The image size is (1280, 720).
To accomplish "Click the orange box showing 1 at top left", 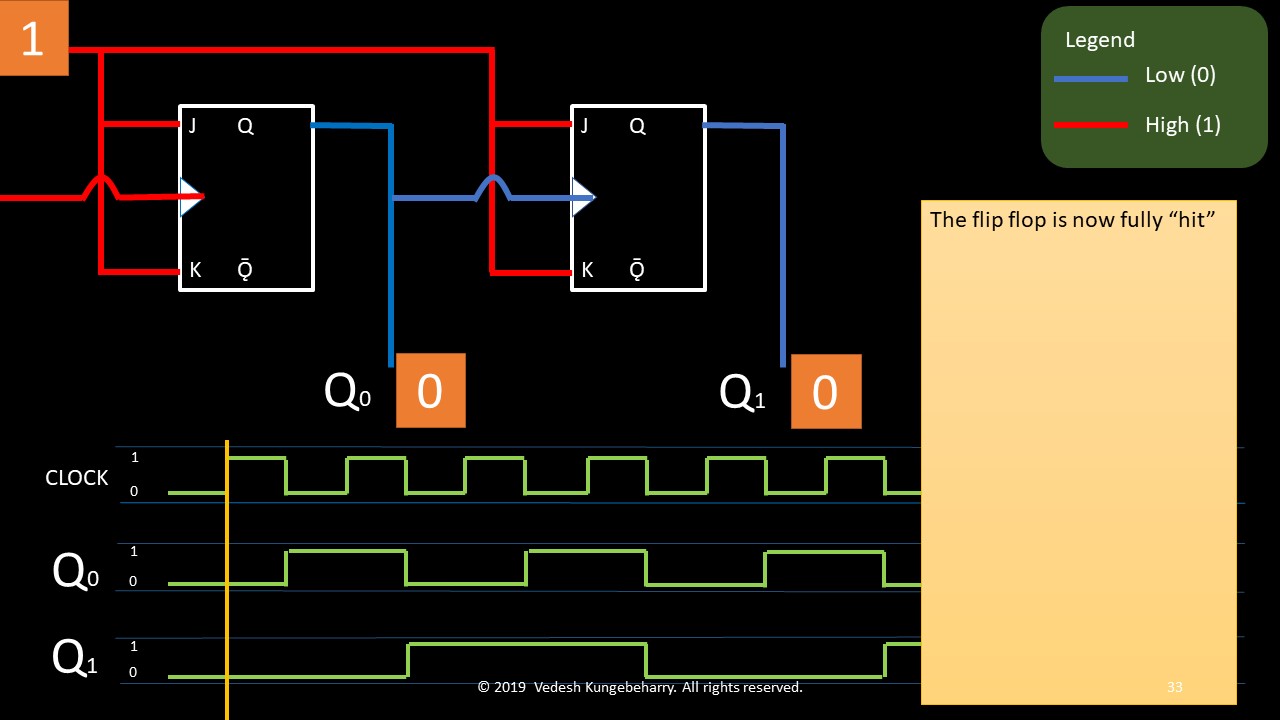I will pyautogui.click(x=33, y=39).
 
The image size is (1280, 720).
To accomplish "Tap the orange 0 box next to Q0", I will pyautogui.click(x=430, y=390).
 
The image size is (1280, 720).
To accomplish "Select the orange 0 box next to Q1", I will pyautogui.click(x=825, y=391).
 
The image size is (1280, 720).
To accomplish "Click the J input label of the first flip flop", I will pyautogui.click(x=192, y=126).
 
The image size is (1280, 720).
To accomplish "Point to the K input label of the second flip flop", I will pyautogui.click(x=587, y=270).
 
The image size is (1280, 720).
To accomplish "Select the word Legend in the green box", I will pyautogui.click(x=1100, y=40).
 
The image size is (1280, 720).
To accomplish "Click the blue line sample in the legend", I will pyautogui.click(x=1091, y=78).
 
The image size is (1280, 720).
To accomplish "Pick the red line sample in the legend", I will pyautogui.click(x=1091, y=126).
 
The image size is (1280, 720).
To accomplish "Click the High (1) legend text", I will pyautogui.click(x=1182, y=125).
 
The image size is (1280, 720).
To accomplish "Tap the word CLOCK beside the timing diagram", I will pyautogui.click(x=77, y=478).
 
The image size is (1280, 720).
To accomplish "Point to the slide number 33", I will pyautogui.click(x=1175, y=687).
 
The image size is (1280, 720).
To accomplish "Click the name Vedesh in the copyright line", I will pyautogui.click(x=566, y=687).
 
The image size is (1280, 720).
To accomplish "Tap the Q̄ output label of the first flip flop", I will pyautogui.click(x=245, y=270).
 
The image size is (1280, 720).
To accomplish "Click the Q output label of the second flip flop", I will pyautogui.click(x=637, y=126).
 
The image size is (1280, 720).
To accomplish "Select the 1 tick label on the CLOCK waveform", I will pyautogui.click(x=134, y=458).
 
